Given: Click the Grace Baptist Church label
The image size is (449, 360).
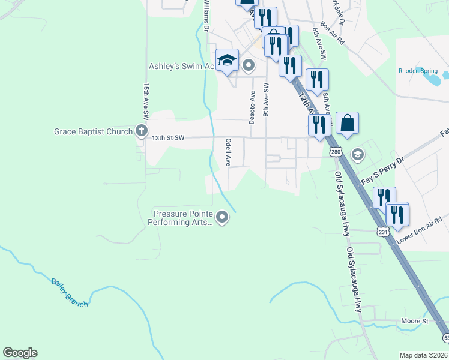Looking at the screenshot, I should pos(93,131).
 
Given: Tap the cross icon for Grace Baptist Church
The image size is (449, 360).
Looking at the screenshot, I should pos(142,130).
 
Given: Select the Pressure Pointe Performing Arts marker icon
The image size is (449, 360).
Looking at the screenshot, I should pos(223,217).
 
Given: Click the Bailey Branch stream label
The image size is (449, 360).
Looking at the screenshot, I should pos(70,293).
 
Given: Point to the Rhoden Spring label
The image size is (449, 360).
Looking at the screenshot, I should pos(418,71).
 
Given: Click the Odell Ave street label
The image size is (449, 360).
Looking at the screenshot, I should pos(228,152).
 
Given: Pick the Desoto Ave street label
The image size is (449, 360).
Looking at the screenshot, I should pos(253,107).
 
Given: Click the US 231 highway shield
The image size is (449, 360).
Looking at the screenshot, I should pos(383,231).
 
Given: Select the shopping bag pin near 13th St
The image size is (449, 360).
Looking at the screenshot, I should pos(347,123).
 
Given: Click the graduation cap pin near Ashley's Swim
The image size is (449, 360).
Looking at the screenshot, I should pos(227,60).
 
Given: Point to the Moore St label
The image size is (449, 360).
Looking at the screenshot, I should pos(415,322).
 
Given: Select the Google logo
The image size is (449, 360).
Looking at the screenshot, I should pos(20,353).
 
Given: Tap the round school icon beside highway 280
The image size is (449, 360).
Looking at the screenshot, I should pos(358,155).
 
